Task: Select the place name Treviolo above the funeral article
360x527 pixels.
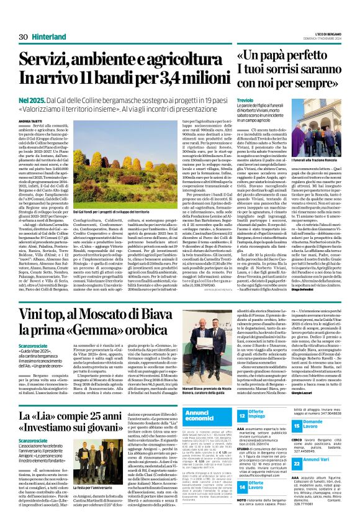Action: click(x=246, y=100)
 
